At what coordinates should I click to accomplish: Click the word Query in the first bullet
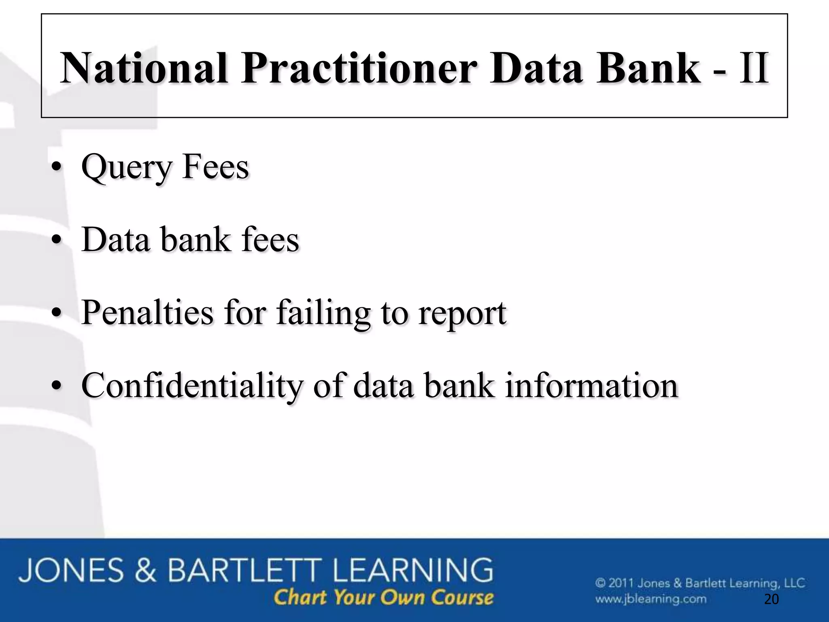[x=127, y=167]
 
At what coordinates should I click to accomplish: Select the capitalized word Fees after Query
[x=215, y=166]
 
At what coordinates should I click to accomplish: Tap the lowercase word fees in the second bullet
[x=270, y=239]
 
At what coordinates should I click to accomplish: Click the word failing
[x=323, y=313]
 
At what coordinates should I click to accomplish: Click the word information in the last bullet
[x=591, y=385]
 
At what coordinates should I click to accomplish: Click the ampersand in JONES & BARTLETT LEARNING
[x=145, y=571]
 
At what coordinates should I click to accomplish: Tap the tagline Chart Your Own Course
[x=383, y=597]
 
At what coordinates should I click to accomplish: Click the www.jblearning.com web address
[x=650, y=599]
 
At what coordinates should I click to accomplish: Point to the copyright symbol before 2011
[x=600, y=583]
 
